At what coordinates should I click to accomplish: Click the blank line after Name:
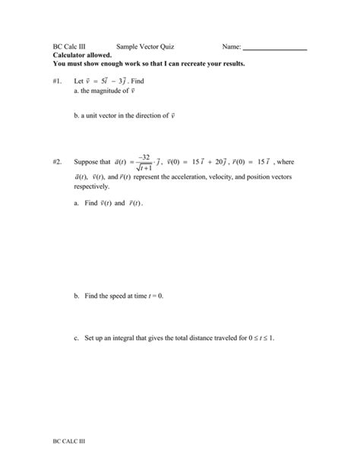click(274, 49)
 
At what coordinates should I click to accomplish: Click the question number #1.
click(58, 81)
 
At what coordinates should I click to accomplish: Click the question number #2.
click(58, 162)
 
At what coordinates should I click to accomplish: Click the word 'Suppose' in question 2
click(87, 162)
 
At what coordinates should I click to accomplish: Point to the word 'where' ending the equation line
click(285, 162)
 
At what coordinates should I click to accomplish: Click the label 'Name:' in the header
click(232, 47)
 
